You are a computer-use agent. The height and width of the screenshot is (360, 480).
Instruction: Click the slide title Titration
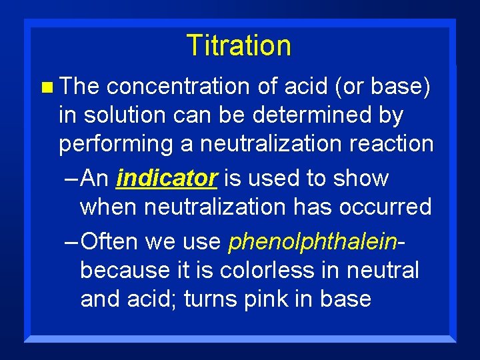239,45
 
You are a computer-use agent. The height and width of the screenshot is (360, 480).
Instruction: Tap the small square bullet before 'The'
45,87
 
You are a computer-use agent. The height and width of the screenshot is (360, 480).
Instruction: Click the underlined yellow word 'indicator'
167,179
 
